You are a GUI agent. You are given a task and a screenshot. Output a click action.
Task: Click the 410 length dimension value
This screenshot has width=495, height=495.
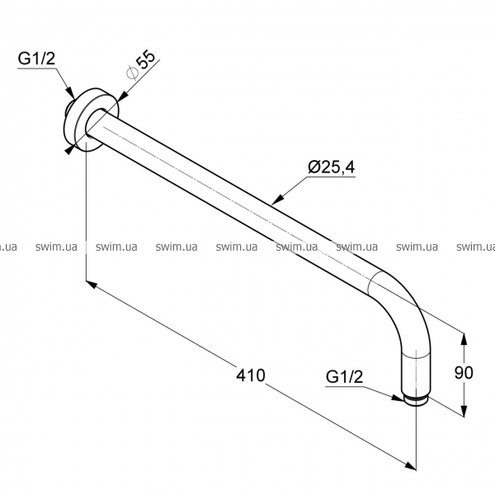coord(251,375)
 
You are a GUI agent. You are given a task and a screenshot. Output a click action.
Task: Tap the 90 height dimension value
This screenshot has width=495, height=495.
coord(464,373)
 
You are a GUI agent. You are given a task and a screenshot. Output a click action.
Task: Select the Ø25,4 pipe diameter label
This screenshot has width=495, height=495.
coord(332,167)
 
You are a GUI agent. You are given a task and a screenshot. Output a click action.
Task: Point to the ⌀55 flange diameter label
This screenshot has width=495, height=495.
coord(141,64)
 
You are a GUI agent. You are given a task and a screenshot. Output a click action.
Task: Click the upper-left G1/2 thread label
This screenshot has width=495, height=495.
coord(36,59)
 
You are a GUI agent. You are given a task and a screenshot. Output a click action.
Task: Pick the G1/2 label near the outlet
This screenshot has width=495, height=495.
coord(344,377)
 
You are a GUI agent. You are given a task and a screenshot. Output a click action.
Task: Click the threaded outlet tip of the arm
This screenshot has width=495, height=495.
coord(417,401)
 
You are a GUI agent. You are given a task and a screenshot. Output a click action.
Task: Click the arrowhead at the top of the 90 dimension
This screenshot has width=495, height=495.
coord(464,340)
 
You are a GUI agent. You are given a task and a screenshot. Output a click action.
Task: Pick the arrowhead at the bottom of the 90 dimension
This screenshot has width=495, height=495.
coord(464,411)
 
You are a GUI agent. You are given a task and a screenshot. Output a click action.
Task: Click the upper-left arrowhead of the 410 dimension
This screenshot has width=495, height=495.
coord(92,284)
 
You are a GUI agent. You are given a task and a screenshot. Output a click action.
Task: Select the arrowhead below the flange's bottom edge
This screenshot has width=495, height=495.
coord(70,150)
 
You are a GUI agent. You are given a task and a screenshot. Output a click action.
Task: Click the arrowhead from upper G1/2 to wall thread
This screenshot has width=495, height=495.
coord(71,93)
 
